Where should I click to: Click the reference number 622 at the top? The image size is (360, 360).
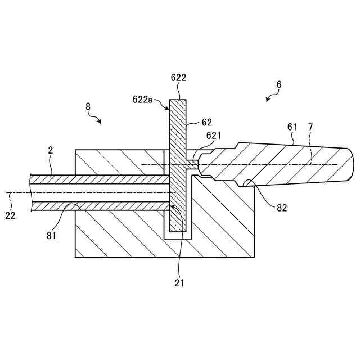[178, 78]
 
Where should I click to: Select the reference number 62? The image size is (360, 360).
[207, 121]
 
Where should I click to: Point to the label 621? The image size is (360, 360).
[214, 136]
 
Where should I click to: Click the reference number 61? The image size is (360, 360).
[292, 127]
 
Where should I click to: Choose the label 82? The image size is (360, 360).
[282, 208]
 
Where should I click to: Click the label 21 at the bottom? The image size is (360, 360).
[179, 282]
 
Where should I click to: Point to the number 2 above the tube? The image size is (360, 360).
[50, 150]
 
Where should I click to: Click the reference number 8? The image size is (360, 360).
[88, 106]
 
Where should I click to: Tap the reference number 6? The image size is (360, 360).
[279, 84]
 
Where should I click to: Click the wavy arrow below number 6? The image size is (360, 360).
[271, 97]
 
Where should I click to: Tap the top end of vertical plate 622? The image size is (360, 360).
[178, 101]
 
